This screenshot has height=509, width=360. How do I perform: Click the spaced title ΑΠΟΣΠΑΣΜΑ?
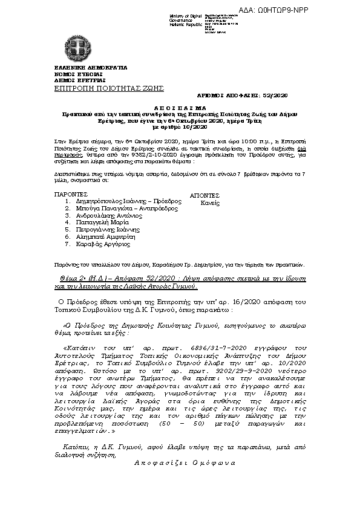click(179, 105)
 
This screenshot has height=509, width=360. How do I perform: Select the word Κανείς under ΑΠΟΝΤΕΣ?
click(210, 204)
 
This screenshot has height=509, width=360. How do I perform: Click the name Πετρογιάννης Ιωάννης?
click(106, 230)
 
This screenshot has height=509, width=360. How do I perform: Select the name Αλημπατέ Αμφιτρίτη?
click(103, 237)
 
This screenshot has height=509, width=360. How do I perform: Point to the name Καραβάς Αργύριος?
click(100, 244)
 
